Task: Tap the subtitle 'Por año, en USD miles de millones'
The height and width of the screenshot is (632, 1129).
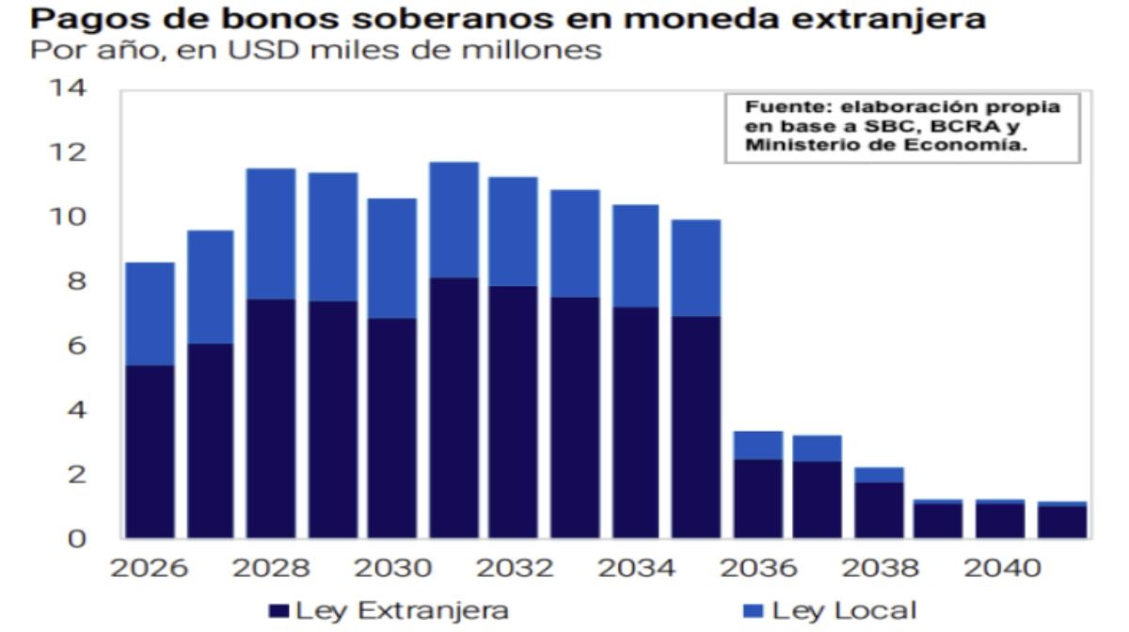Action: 315,51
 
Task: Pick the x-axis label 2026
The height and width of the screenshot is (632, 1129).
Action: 150,569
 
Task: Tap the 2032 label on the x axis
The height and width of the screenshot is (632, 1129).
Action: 513,569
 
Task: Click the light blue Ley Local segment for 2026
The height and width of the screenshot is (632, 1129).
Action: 150,313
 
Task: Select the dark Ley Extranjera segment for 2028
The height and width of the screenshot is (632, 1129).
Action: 271,419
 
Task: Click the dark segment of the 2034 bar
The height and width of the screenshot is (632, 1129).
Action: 635,422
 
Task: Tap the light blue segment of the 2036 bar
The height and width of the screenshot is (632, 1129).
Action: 756,445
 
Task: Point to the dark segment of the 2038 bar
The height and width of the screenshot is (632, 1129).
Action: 878,510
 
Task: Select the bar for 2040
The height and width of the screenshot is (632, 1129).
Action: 999,520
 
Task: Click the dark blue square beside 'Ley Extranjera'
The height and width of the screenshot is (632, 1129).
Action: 278,610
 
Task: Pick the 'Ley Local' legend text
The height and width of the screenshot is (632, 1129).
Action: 844,610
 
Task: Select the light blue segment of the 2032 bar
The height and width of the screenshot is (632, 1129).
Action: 513,230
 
